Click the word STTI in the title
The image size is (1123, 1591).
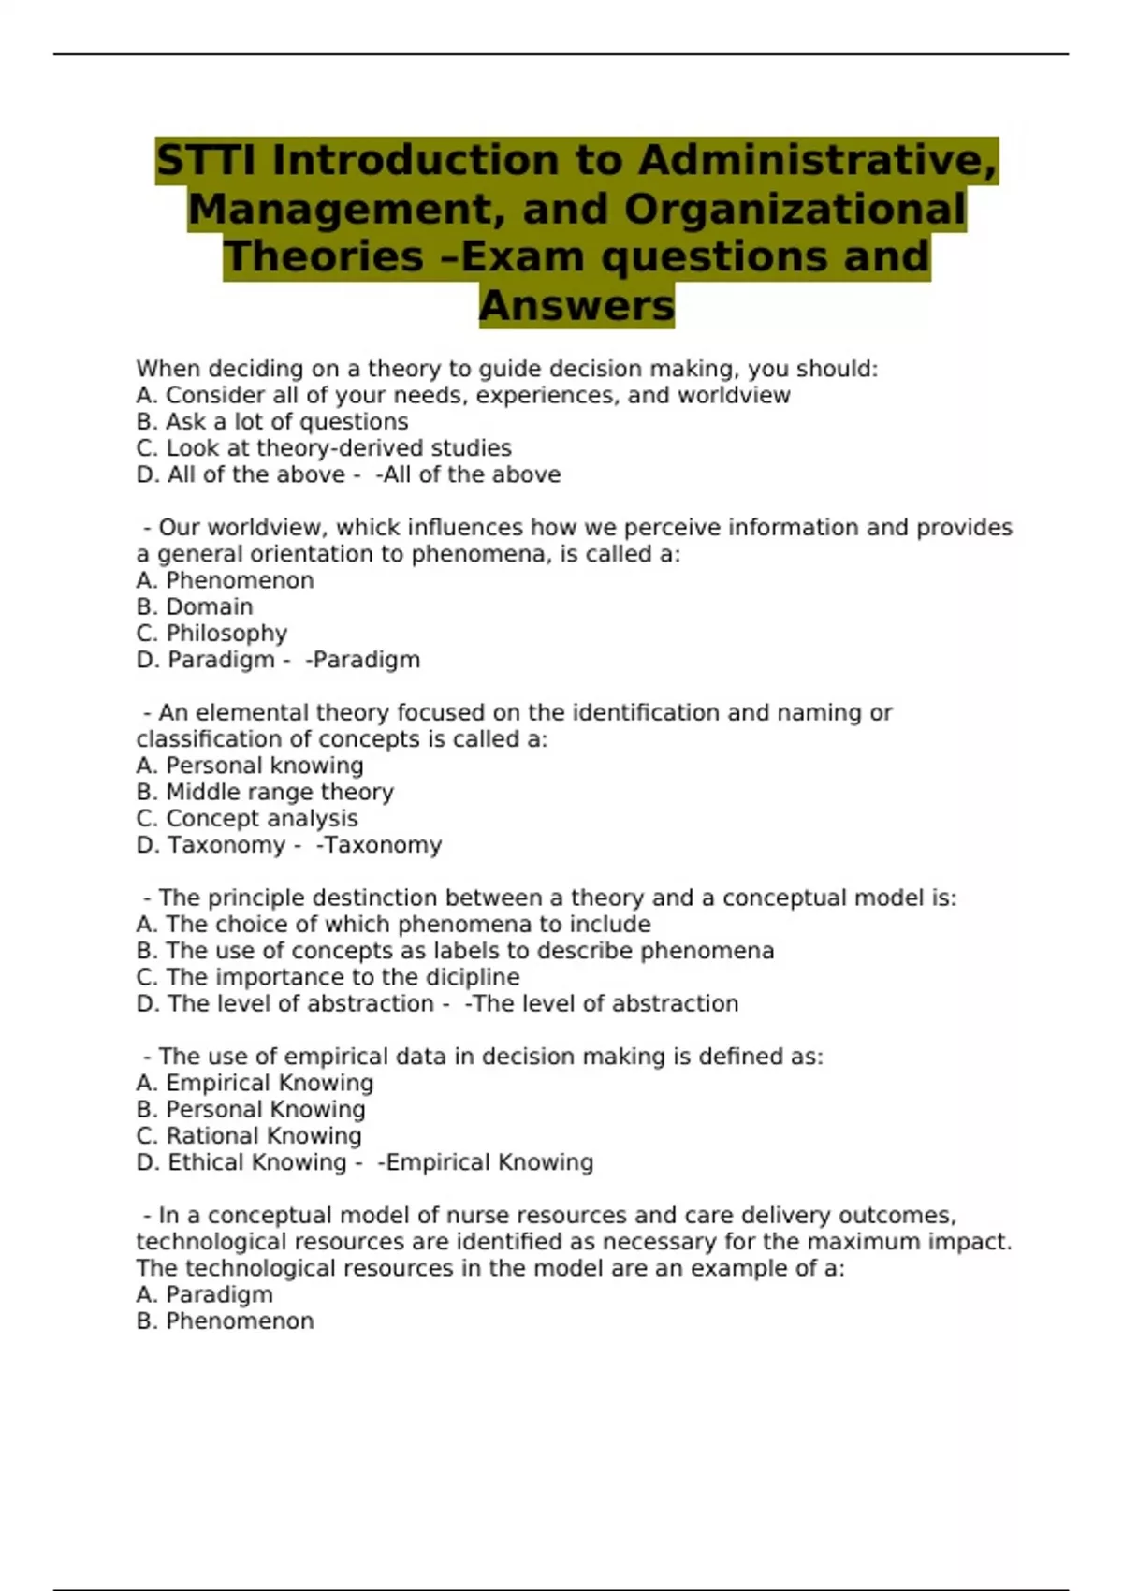tap(207, 160)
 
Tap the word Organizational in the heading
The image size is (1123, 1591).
tap(795, 209)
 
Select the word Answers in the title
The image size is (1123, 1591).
tap(576, 305)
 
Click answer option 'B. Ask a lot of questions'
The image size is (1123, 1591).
tap(272, 422)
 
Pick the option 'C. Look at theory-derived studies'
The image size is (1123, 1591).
tap(324, 448)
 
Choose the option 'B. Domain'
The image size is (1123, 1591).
tap(195, 606)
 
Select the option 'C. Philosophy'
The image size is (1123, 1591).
tap(211, 634)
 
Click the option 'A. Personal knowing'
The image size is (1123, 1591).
tap(250, 766)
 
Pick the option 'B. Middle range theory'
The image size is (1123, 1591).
tap(265, 792)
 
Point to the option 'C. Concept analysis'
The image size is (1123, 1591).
tap(247, 819)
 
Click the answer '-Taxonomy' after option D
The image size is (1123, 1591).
tap(379, 845)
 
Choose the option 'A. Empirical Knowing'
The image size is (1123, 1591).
tap(255, 1083)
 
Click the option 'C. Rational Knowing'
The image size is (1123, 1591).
tap(249, 1136)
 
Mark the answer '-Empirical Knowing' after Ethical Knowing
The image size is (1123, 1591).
tap(486, 1162)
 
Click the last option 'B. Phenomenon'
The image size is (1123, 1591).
tap(225, 1321)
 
